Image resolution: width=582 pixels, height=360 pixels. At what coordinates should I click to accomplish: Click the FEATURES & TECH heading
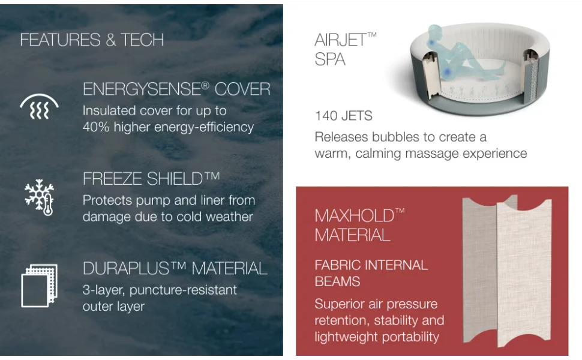92,40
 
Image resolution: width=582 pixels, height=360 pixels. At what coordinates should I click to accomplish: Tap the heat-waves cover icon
39,107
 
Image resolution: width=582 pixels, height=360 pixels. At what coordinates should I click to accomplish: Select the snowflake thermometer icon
40,197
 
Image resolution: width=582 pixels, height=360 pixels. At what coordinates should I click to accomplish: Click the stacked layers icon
40,286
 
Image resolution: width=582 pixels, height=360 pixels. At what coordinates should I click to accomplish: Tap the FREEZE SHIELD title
151,179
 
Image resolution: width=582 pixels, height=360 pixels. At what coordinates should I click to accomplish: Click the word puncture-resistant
183,290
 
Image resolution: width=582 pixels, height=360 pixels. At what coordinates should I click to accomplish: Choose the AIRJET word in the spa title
341,40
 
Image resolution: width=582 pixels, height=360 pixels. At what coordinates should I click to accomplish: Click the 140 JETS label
343,116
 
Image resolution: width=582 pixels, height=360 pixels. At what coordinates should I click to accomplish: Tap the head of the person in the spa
434,30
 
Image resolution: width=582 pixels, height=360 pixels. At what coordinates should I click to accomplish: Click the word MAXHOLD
355,216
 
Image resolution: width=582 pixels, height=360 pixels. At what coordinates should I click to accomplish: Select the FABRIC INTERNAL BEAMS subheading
371,273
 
